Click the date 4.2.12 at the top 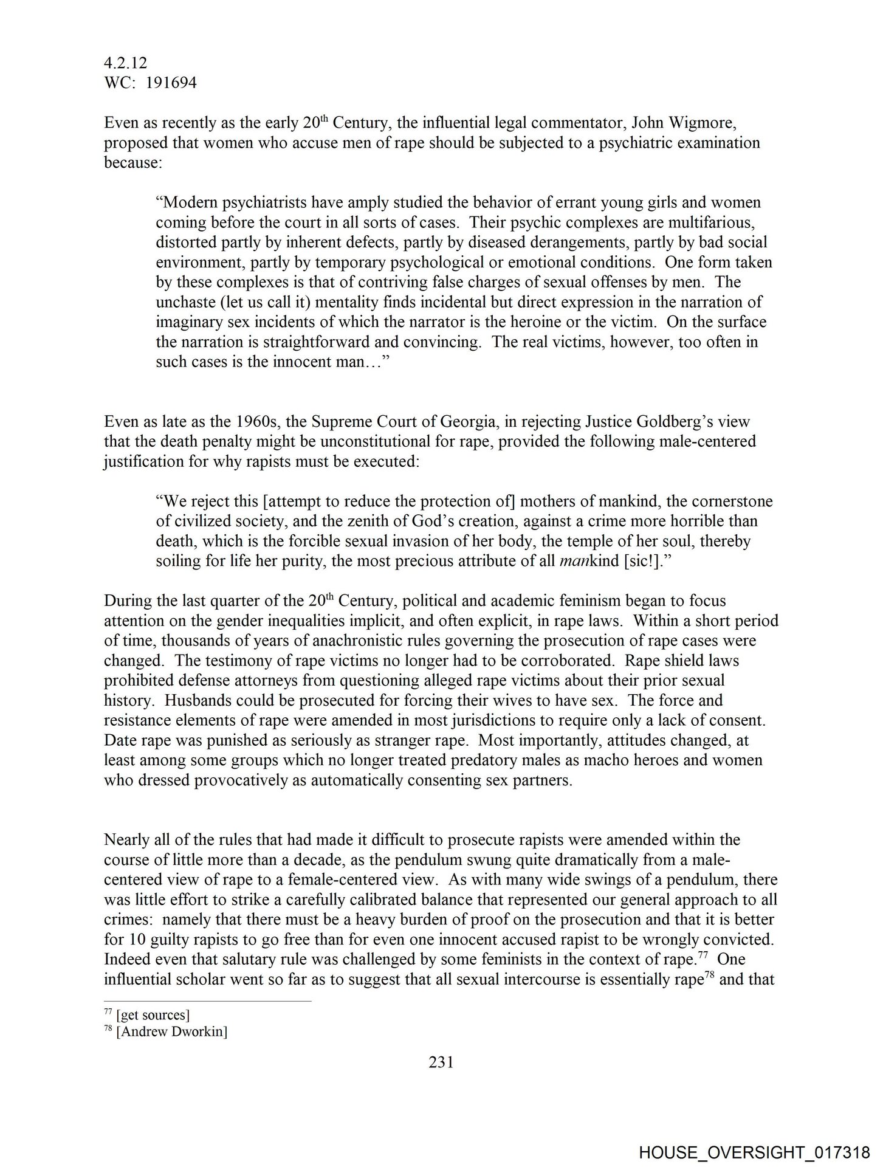tap(125, 63)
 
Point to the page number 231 tap(441, 1062)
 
